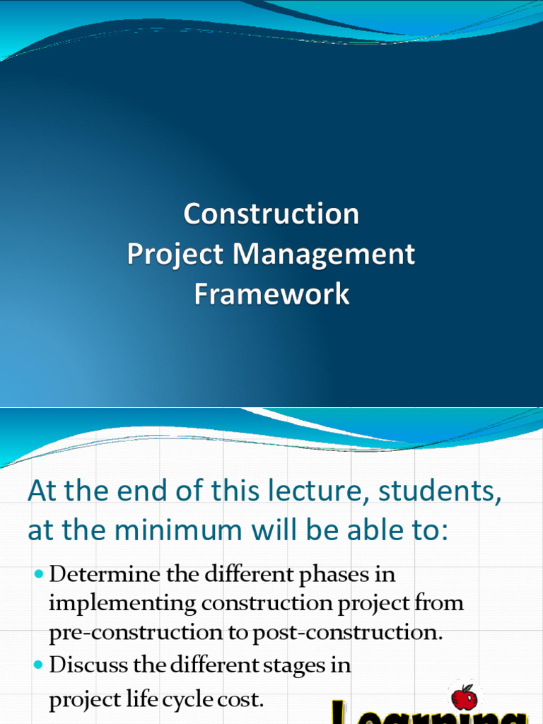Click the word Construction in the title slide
(271, 214)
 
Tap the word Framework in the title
(271, 294)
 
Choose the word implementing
(122, 603)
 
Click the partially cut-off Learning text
(424, 716)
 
